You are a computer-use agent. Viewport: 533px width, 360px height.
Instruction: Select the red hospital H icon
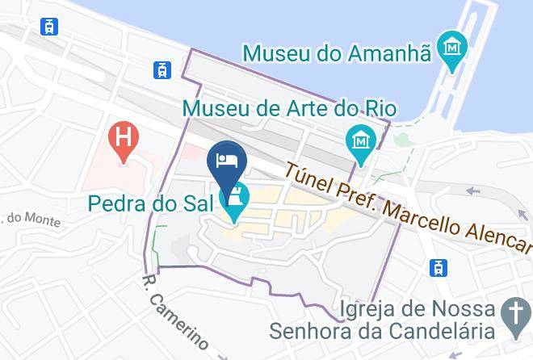tap(123, 135)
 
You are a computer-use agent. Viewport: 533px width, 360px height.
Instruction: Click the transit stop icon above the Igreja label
tap(438, 267)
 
